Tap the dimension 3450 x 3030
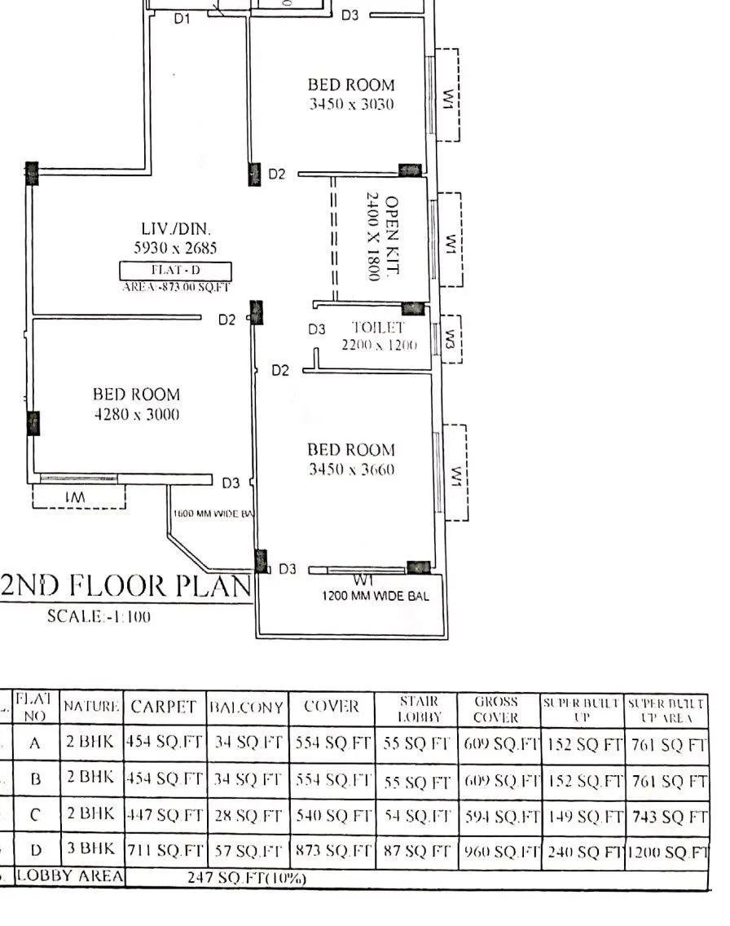coord(350,104)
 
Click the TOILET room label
coord(378,328)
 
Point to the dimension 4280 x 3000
coord(136,414)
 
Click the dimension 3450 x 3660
coord(350,470)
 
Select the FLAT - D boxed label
coord(175,271)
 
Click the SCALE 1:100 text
coord(99,617)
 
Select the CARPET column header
coord(164,707)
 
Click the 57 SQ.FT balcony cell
coord(248,853)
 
